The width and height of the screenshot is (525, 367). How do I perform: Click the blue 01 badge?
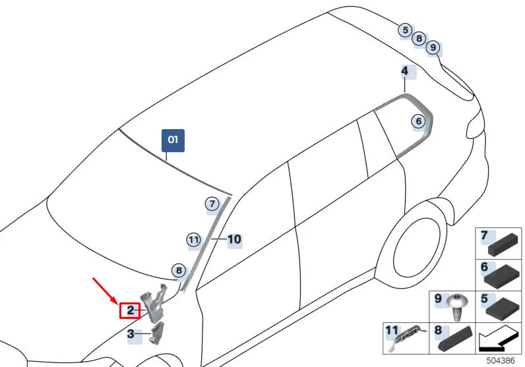[173, 140]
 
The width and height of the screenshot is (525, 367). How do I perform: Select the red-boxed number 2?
[131, 310]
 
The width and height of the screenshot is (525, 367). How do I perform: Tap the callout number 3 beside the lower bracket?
[131, 335]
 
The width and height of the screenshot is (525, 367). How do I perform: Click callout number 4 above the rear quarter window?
[404, 71]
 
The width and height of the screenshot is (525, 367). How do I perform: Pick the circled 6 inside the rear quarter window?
[417, 121]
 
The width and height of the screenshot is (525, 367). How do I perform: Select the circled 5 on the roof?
[405, 30]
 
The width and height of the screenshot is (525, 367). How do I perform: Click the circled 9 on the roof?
[432, 47]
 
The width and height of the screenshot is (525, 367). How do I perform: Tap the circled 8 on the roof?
[418, 39]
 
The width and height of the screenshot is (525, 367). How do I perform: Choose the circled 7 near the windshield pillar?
[212, 204]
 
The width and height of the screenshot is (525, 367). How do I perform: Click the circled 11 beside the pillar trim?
[193, 240]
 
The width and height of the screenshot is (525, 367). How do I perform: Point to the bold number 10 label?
[234, 240]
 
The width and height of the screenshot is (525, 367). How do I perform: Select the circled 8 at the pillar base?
[177, 270]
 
